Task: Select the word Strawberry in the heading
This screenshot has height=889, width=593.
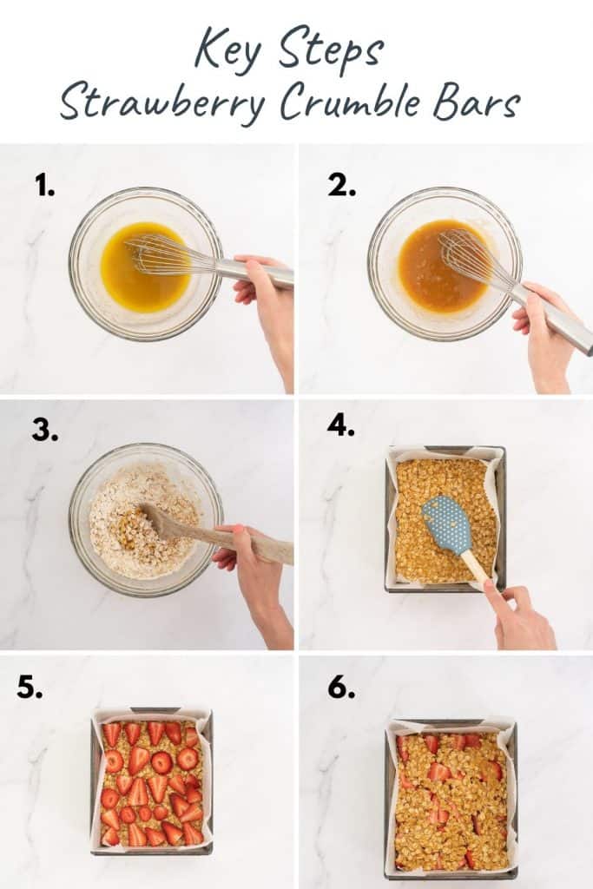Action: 162,103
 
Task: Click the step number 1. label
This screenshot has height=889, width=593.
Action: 44,184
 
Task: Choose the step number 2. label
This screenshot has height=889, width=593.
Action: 340,184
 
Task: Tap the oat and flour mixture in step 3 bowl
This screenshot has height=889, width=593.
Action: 130,530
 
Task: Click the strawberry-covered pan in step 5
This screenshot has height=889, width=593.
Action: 151,782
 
